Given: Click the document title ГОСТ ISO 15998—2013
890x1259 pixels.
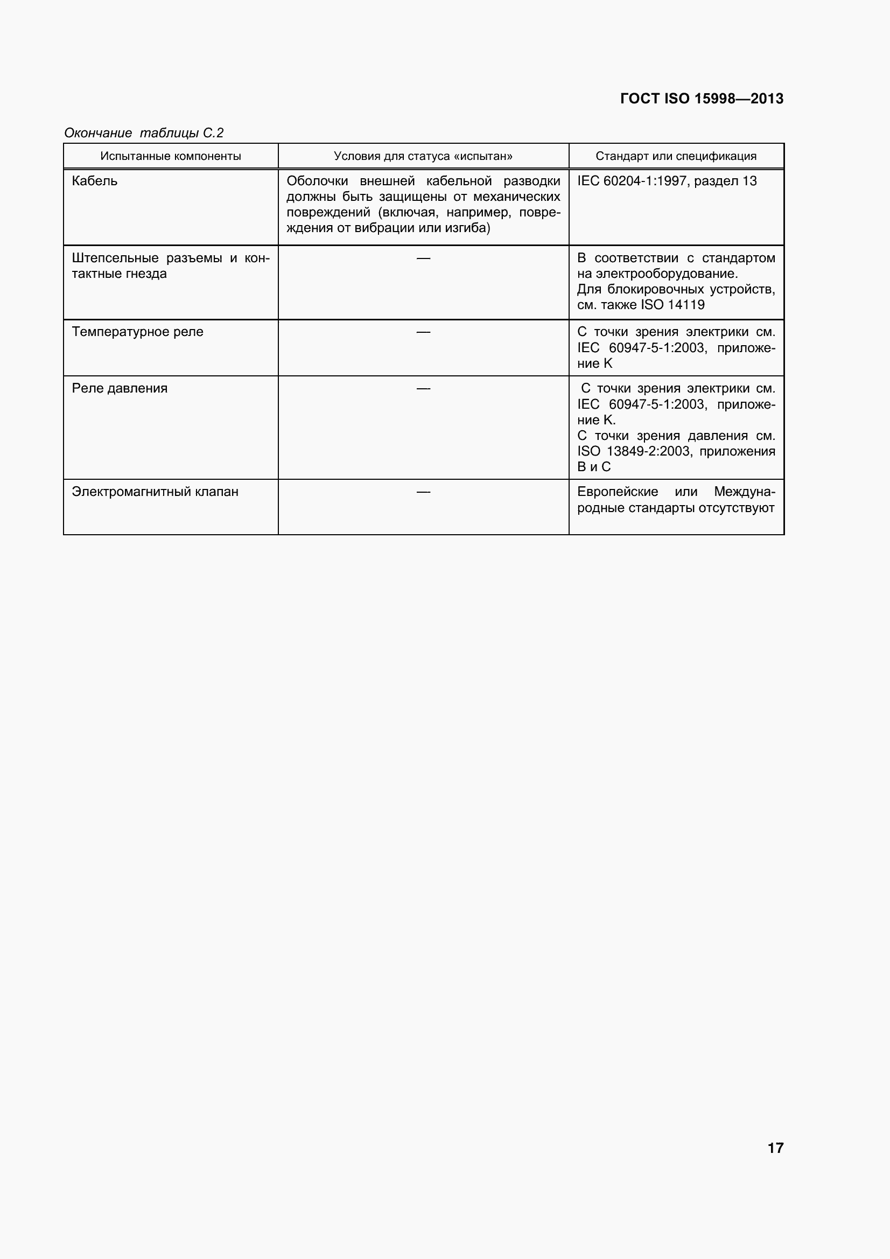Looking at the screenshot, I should [702, 99].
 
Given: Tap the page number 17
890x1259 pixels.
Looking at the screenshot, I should [775, 1148].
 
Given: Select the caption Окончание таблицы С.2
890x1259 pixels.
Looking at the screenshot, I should [144, 132].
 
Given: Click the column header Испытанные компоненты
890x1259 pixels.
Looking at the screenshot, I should [171, 156].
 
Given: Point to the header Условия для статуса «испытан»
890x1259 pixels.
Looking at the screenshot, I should [423, 156].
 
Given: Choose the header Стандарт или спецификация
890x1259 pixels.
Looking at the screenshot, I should [676, 156].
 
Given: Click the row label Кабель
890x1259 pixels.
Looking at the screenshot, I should [94, 181].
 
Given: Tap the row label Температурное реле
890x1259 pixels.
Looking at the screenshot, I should [137, 332].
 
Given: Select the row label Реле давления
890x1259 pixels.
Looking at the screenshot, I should [120, 388].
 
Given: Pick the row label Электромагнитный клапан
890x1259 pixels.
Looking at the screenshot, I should [155, 492].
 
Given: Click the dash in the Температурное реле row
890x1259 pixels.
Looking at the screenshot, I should [423, 332].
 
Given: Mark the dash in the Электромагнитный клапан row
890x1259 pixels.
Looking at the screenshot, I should [423, 492].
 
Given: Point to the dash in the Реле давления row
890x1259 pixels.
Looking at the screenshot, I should [423, 389].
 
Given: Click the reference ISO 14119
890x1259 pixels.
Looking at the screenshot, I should [672, 305].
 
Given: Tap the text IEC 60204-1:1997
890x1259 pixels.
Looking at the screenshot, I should [632, 181].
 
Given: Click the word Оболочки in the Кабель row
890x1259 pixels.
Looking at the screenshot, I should [317, 181].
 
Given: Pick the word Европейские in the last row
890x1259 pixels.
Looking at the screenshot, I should [618, 492].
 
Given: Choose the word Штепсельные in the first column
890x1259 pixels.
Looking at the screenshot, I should [115, 258].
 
